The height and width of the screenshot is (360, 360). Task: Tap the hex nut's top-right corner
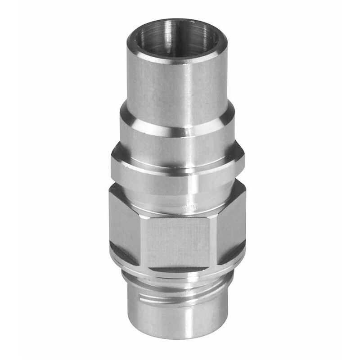[x=245, y=189]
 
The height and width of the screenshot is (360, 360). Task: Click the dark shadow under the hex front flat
[x=178, y=270]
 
